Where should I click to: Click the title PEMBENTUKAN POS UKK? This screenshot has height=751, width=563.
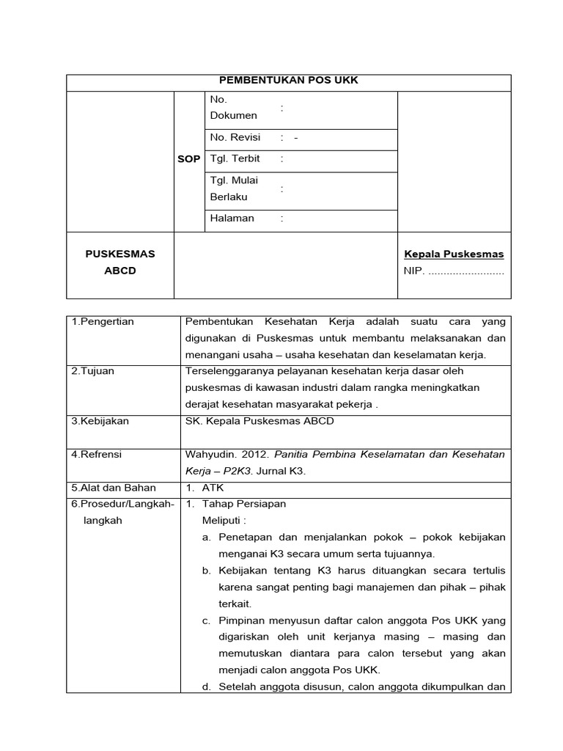288,81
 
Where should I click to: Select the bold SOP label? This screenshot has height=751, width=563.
188,159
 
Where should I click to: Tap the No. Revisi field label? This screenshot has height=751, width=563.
235,138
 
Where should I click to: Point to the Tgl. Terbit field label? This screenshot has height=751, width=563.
235,159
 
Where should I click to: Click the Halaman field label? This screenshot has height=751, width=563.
232,218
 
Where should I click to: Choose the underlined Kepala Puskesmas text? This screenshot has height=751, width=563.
454,254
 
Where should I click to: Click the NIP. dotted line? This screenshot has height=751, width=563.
466,271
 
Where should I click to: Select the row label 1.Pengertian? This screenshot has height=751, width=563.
103,322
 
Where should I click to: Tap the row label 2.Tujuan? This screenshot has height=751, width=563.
93,371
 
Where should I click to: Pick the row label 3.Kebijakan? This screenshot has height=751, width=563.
100,421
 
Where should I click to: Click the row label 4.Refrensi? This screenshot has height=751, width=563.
97,455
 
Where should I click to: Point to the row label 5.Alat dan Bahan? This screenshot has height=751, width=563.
110,488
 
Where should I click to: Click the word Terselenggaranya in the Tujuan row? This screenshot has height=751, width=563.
229,371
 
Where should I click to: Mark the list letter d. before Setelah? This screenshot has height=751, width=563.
207,687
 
